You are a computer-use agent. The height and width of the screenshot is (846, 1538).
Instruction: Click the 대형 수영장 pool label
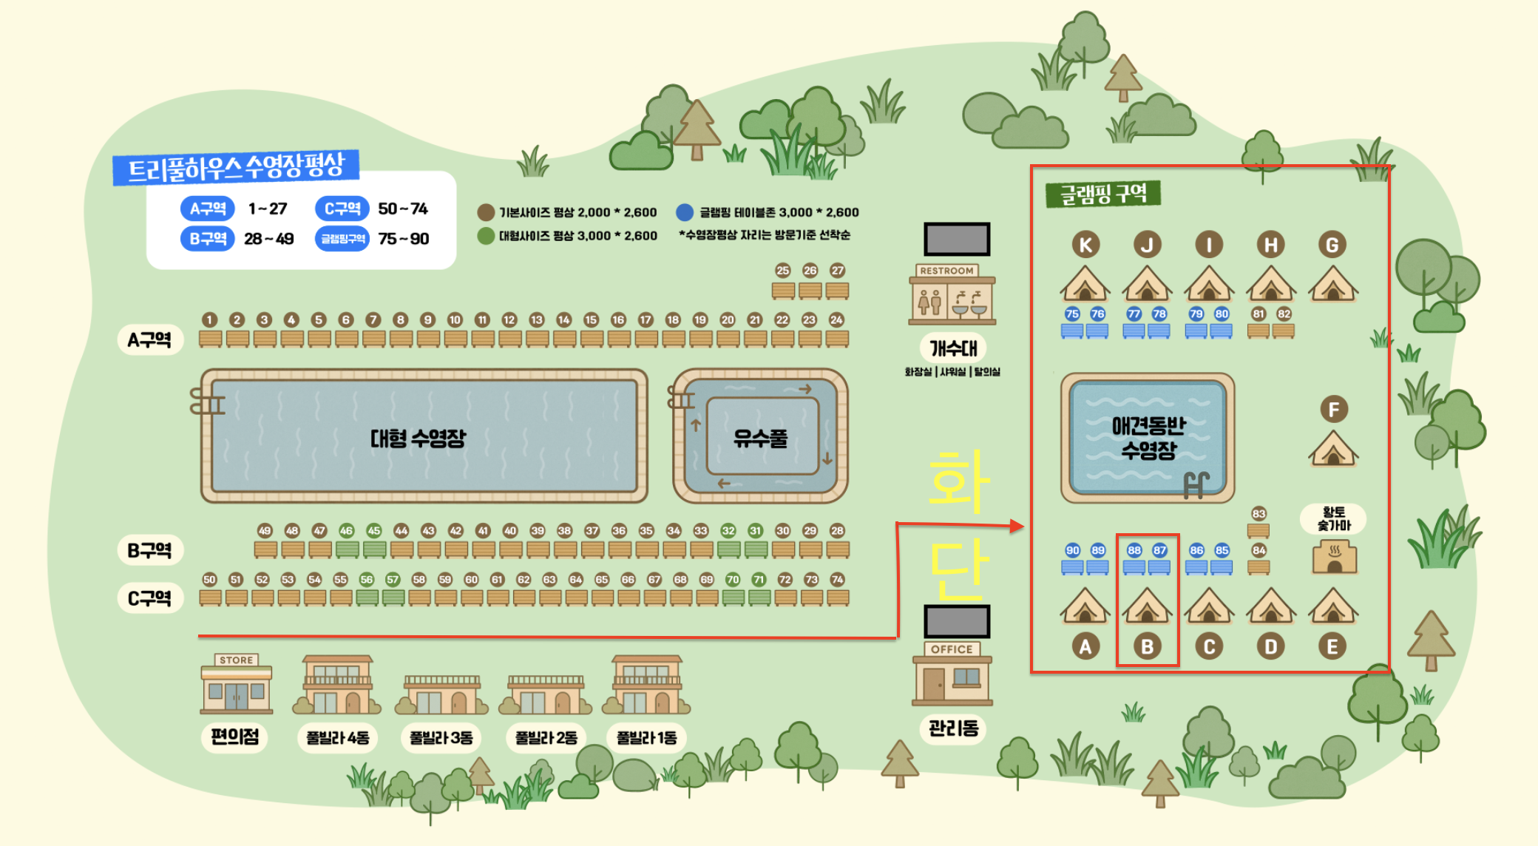(418, 439)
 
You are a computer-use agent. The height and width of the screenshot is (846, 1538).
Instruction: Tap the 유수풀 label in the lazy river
(760, 439)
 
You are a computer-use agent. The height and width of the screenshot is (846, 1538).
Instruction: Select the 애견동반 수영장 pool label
(1148, 437)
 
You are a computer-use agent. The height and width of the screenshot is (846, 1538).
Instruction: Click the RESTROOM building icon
(952, 295)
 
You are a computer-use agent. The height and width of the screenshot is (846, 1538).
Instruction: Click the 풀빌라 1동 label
(647, 737)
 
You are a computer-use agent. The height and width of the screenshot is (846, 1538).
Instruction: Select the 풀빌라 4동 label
(338, 737)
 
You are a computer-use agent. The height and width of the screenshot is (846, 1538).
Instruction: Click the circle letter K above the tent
(1085, 245)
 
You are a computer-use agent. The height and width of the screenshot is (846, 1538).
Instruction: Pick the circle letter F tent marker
(1334, 410)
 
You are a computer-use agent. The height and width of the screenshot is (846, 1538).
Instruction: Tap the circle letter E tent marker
(1332, 647)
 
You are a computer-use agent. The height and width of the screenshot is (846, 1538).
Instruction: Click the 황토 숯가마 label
(1334, 518)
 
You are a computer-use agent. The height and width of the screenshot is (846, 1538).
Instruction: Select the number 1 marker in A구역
(210, 319)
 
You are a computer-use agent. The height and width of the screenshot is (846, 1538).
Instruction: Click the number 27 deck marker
(837, 271)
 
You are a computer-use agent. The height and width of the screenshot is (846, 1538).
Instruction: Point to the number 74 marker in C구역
(837, 579)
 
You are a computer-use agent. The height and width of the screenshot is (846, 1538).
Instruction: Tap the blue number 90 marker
(1073, 550)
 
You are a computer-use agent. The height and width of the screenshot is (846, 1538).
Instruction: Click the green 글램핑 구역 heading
(1102, 194)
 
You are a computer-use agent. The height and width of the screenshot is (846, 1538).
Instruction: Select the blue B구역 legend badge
(207, 239)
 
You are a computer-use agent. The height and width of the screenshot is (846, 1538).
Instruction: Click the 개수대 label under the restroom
(953, 348)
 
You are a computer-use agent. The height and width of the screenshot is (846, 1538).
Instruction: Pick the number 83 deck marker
(1258, 513)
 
